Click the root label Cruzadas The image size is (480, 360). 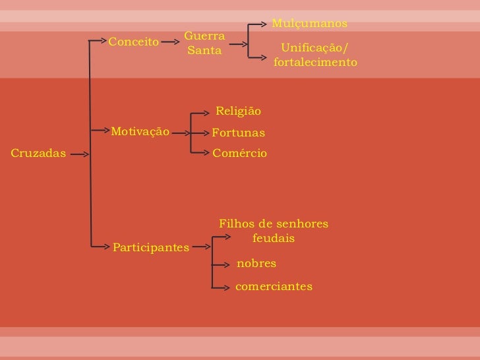pos(39,154)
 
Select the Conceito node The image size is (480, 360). pos(134,42)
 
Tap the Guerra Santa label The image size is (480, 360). pos(204,42)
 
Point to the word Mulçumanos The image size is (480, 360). pos(309,24)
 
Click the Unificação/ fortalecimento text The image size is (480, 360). pos(315,55)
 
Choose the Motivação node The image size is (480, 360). pos(140,131)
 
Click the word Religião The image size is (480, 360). pos(239,111)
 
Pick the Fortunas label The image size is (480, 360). pos(238,133)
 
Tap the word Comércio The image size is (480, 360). pos(239,153)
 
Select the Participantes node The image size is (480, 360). pos(151,247)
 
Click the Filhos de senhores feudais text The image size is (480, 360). pos(273,231)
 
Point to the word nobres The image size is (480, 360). pos(256,264)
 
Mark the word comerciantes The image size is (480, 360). pos(274,287)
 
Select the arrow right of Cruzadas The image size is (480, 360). pos(80,154)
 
